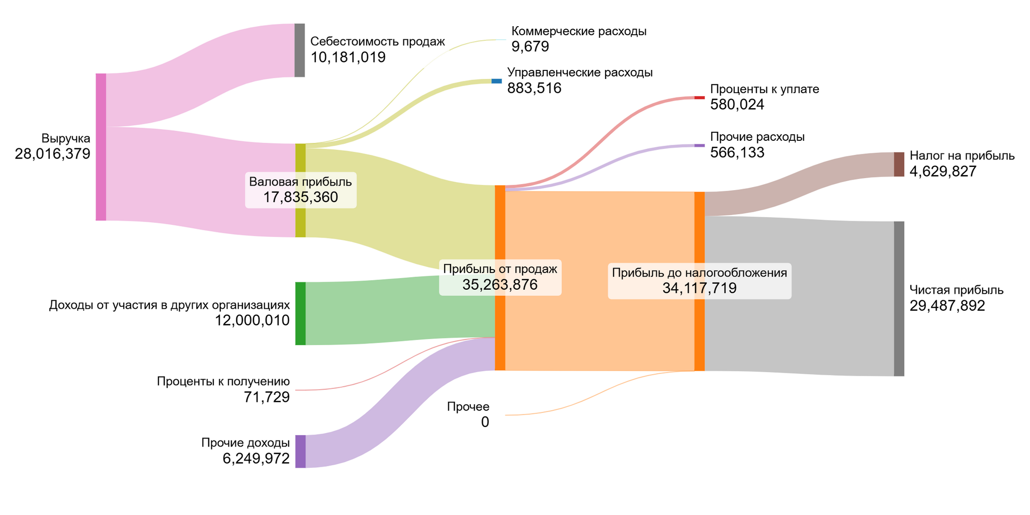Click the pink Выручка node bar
pos(101,147)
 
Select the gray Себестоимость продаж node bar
pos(299,50)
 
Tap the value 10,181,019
pos(348,57)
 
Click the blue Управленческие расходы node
pos(496,81)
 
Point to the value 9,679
pos(530,47)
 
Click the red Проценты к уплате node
pos(699,98)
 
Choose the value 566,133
pos(737,152)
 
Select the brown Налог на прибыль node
pos(899,164)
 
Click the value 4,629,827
pos(943,171)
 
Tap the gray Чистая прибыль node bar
pos(899,298)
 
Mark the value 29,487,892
pos(947,306)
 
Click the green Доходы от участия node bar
pos(300,313)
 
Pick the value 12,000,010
pos(252,320)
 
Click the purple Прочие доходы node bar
pos(300,451)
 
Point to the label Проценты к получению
pos(223,381)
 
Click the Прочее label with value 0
pos(468,406)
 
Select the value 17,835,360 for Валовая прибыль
pos(300,197)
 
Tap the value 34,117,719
pos(699,288)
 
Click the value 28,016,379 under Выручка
pos(52,154)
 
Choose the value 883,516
pos(534,88)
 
